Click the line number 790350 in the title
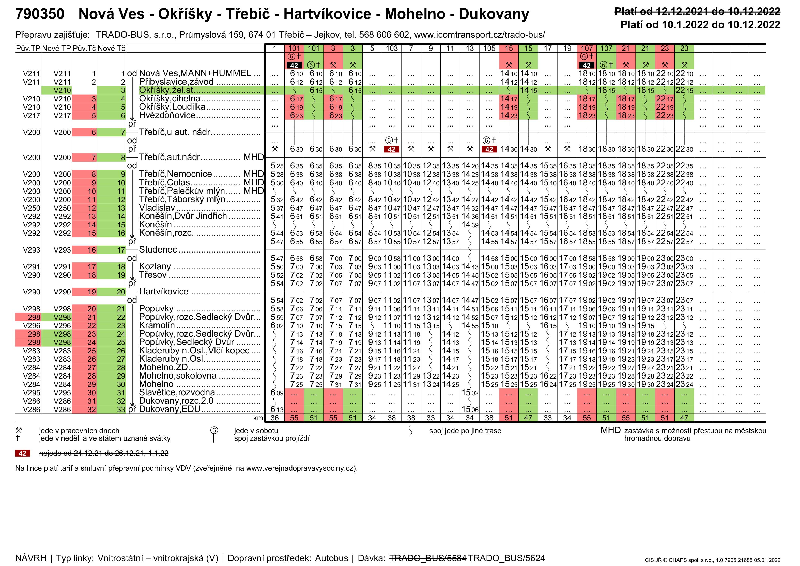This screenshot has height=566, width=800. pos(40,14)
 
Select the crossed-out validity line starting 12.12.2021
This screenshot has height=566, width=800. pos(697,11)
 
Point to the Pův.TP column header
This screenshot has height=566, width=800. pos(28,49)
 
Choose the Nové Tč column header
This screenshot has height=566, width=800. pos(111,49)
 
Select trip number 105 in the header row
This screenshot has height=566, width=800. pos(489,49)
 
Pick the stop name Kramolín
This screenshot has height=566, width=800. pos(157,325)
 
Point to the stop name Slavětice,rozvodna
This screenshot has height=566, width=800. pos(177,393)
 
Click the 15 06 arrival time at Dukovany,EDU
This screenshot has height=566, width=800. pos(470,410)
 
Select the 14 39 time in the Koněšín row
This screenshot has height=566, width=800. pos(470,225)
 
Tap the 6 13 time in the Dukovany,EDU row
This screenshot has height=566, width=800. pos(277,410)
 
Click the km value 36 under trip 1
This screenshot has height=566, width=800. pos(275,418)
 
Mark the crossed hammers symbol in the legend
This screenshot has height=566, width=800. pos(19,430)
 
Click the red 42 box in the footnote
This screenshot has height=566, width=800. pos(22,453)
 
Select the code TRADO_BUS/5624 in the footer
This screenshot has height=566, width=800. pos(506,558)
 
